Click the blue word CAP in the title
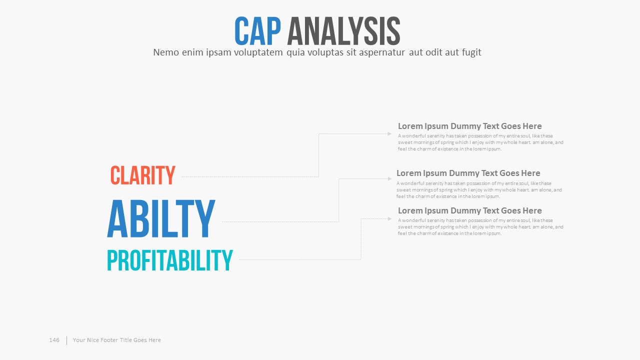257,31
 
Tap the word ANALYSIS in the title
343,31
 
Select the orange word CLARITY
143,175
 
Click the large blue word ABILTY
161,219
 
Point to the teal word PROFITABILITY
170,260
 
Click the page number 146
54,340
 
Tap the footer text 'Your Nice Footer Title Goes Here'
117,340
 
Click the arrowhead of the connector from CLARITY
389,133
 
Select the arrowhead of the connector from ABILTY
389,179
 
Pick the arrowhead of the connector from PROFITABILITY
389,219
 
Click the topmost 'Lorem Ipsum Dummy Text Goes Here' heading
469,126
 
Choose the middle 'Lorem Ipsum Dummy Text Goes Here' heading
468,173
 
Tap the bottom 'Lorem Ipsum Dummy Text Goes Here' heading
469,210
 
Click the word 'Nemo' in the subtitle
166,52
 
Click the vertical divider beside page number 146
67,340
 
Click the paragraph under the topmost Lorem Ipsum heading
480,142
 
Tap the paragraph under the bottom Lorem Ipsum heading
480,227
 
